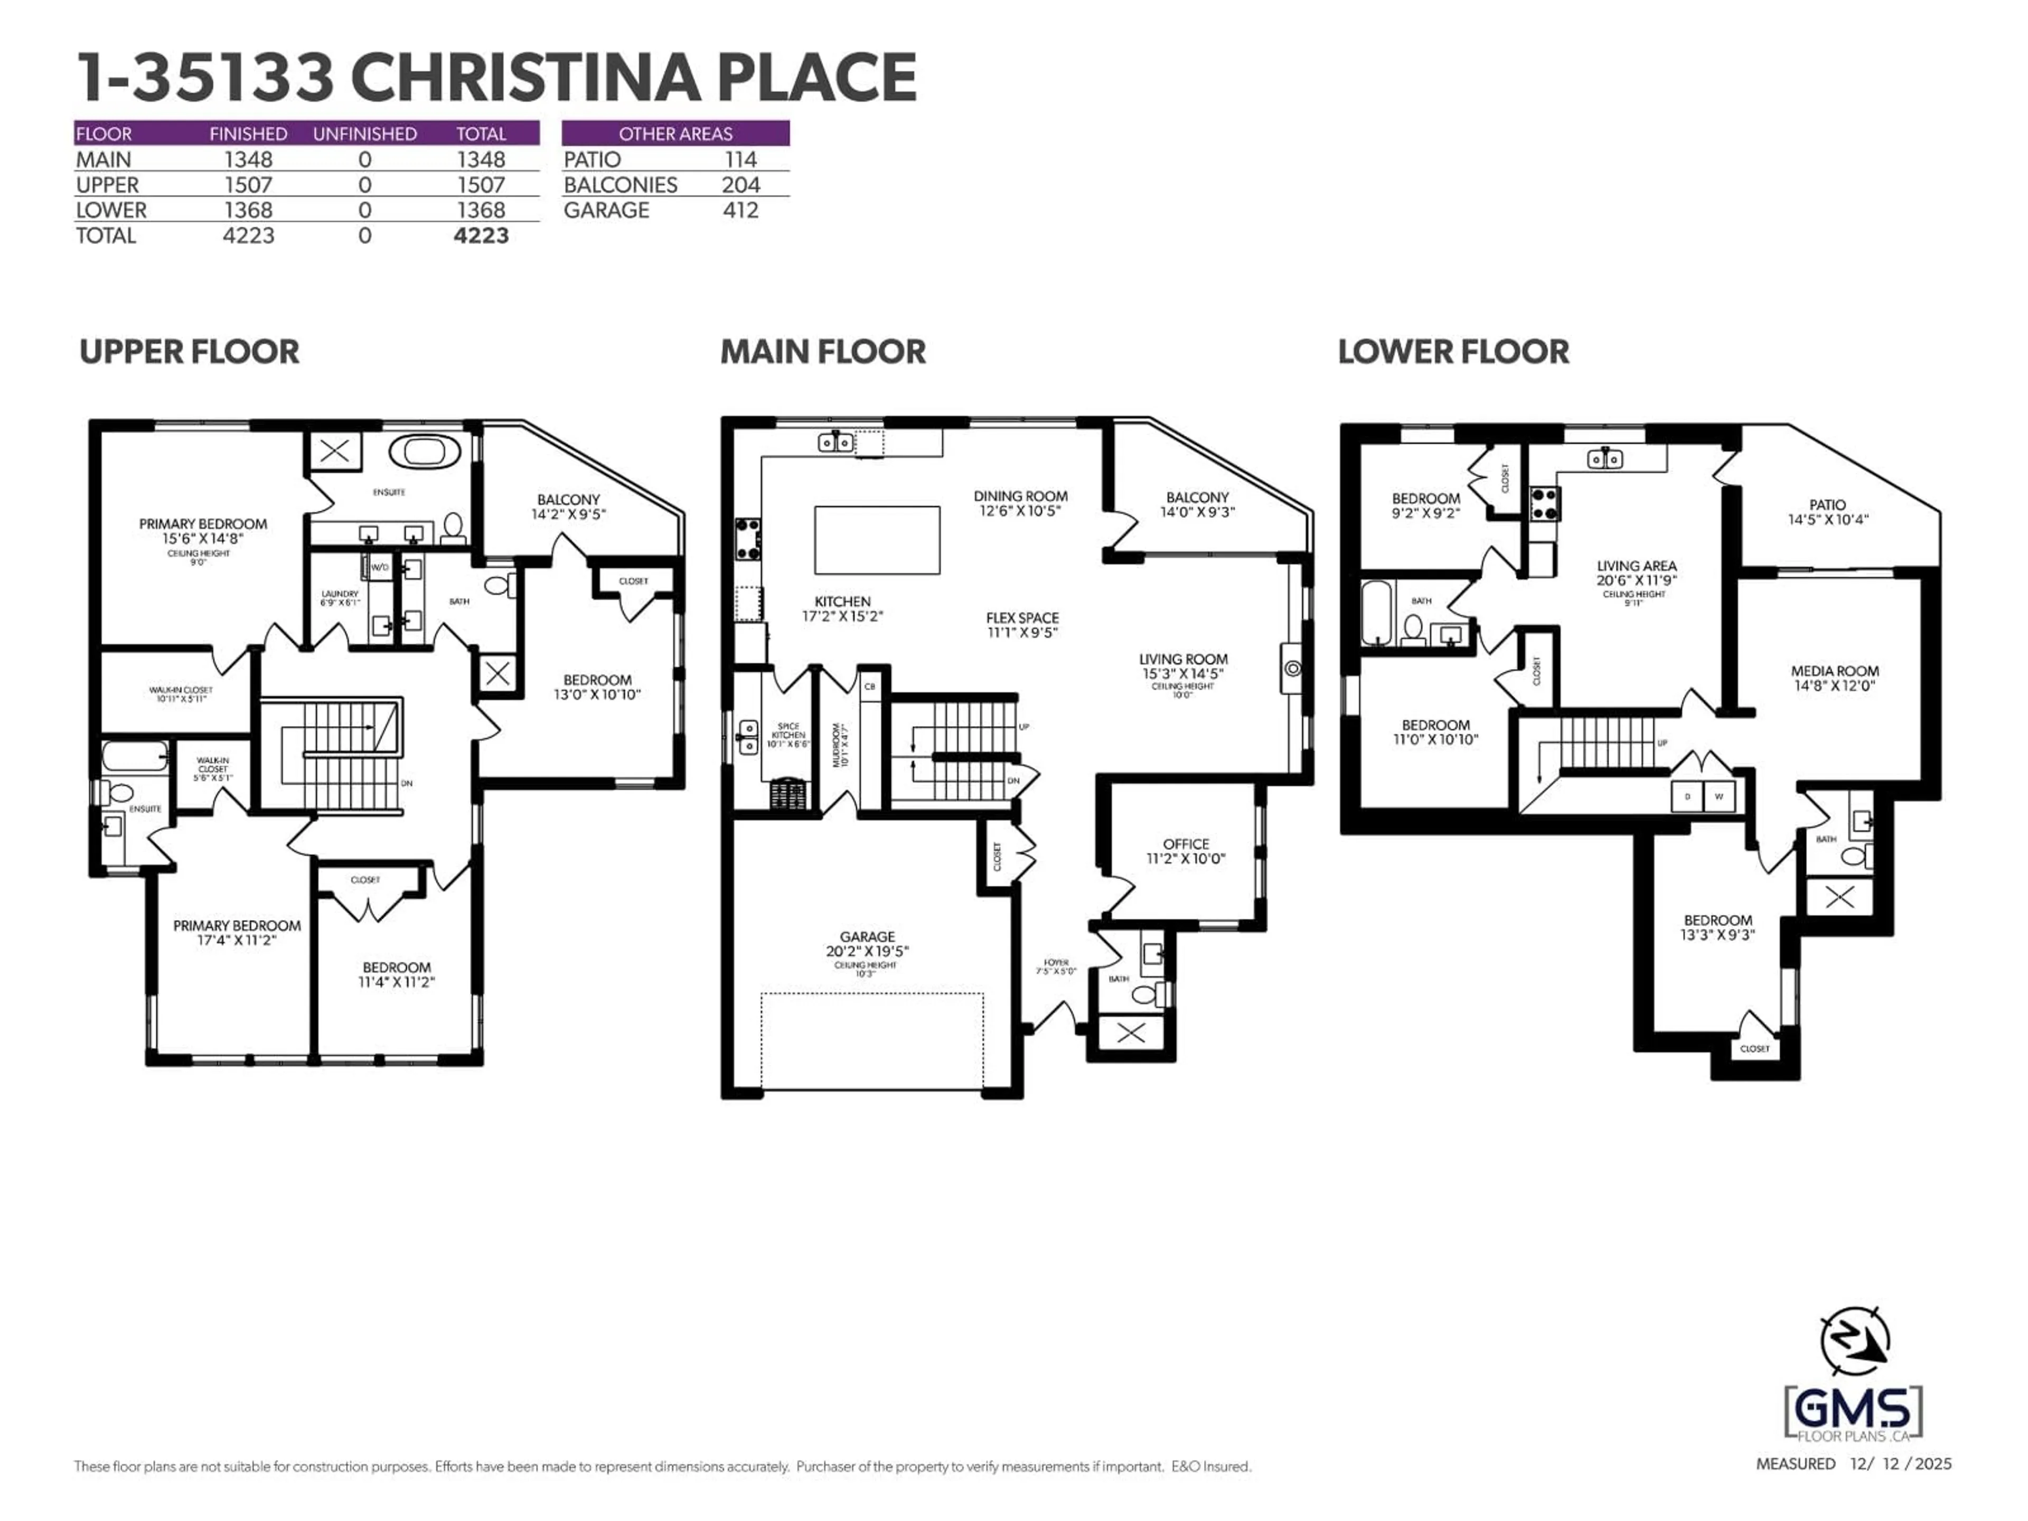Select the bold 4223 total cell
[x=481, y=236]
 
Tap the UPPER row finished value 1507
[x=248, y=184]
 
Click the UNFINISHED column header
[x=365, y=134]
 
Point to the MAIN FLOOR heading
[x=822, y=352]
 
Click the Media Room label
[x=1835, y=678]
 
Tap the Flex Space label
[x=1022, y=624]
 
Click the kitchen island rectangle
[x=877, y=539]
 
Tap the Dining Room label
[x=1020, y=502]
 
